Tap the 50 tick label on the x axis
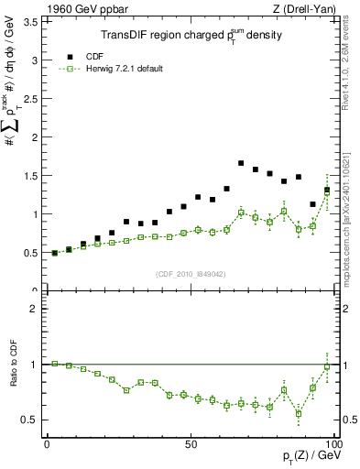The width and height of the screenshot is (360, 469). [x=191, y=443]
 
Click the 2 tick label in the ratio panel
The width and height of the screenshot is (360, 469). [x=35, y=310]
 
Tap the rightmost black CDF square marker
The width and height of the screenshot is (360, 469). [x=327, y=191]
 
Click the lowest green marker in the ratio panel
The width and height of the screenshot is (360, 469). [x=299, y=413]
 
